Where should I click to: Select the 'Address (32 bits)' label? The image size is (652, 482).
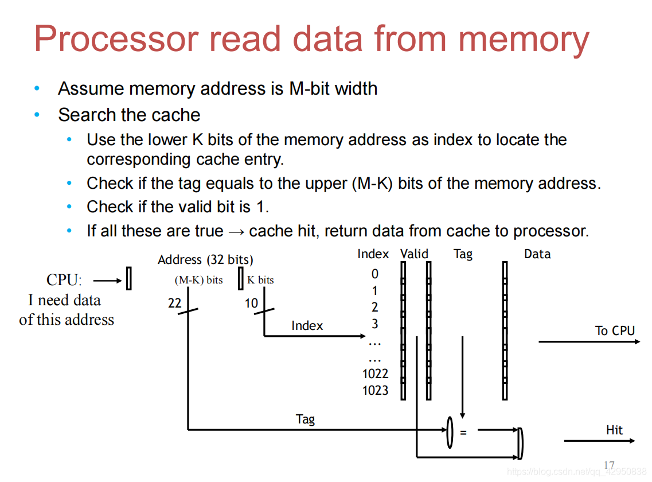(x=205, y=260)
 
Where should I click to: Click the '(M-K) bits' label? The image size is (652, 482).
(x=198, y=281)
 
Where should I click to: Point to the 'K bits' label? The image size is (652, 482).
(x=260, y=281)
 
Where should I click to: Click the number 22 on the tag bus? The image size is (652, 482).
(x=174, y=303)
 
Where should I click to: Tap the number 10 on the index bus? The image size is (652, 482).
(x=251, y=303)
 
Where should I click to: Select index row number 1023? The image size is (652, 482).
(x=375, y=391)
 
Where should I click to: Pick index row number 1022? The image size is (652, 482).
(x=375, y=374)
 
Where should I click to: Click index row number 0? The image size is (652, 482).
(x=375, y=274)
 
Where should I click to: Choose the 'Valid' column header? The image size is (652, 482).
(x=414, y=254)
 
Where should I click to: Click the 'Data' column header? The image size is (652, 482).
(x=537, y=254)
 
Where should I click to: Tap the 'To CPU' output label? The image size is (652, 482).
(x=615, y=331)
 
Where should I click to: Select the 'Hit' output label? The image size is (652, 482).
(x=614, y=430)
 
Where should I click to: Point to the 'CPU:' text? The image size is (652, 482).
(x=64, y=281)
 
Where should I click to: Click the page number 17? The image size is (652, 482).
(x=609, y=465)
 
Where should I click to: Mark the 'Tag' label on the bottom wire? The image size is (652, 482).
(x=305, y=419)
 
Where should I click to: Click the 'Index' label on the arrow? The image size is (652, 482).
(x=307, y=326)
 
